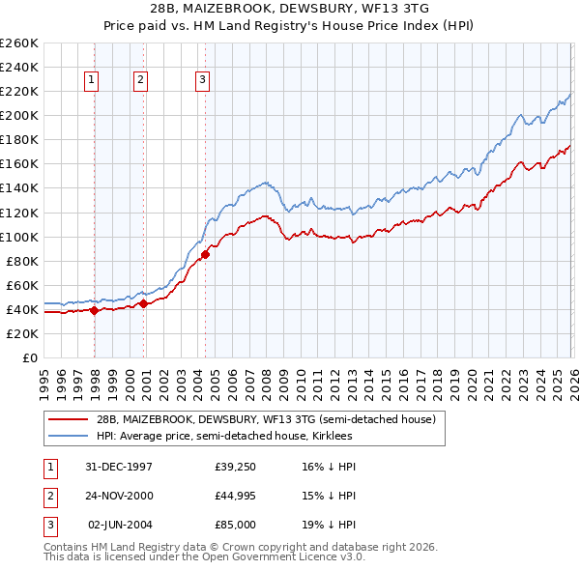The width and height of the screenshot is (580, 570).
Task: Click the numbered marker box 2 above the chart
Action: pyautogui.click(x=141, y=81)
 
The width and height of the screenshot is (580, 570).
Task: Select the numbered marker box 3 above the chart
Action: pyautogui.click(x=203, y=81)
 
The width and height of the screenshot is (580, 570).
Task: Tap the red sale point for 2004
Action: pyautogui.click(x=205, y=255)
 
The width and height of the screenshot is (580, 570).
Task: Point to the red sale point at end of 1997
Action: pyautogui.click(x=94, y=310)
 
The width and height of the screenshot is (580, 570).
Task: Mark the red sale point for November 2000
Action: pyautogui.click(x=144, y=303)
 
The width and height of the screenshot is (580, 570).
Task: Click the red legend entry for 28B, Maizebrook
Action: pyautogui.click(x=266, y=419)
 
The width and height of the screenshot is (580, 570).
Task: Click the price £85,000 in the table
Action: pyautogui.click(x=235, y=526)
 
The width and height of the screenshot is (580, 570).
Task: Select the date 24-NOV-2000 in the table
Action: pyautogui.click(x=119, y=496)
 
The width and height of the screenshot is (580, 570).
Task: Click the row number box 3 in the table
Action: pyautogui.click(x=48, y=526)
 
